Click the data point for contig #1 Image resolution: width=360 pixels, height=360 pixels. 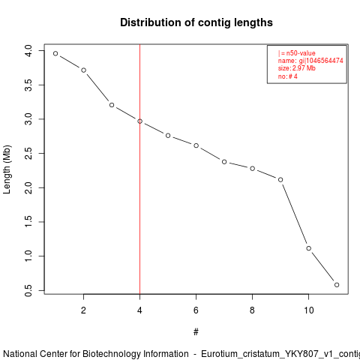(x=55, y=53)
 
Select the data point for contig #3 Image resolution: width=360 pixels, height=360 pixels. (x=112, y=105)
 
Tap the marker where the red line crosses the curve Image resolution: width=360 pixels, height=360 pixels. (x=140, y=121)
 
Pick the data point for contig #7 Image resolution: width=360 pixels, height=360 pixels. (x=224, y=162)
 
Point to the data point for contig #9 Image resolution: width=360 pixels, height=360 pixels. (x=280, y=180)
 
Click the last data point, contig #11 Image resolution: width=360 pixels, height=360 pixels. (x=337, y=285)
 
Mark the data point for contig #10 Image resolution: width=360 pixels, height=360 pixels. (x=309, y=248)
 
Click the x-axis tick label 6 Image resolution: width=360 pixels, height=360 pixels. (x=196, y=310)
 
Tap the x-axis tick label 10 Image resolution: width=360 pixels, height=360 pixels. (x=309, y=310)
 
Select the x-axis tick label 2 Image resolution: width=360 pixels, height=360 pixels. (x=83, y=310)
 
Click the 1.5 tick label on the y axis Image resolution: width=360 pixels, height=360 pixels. (x=28, y=222)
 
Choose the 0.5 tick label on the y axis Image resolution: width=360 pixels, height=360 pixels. (x=28, y=290)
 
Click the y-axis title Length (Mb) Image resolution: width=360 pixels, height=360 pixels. (x=7, y=169)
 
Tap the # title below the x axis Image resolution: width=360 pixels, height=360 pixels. (x=196, y=332)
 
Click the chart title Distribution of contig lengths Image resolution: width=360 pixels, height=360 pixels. (x=196, y=22)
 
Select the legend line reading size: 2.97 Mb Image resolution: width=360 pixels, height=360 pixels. (x=297, y=68)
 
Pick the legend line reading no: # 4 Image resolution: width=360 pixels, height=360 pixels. (x=288, y=76)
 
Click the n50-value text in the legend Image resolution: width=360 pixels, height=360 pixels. (x=301, y=53)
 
